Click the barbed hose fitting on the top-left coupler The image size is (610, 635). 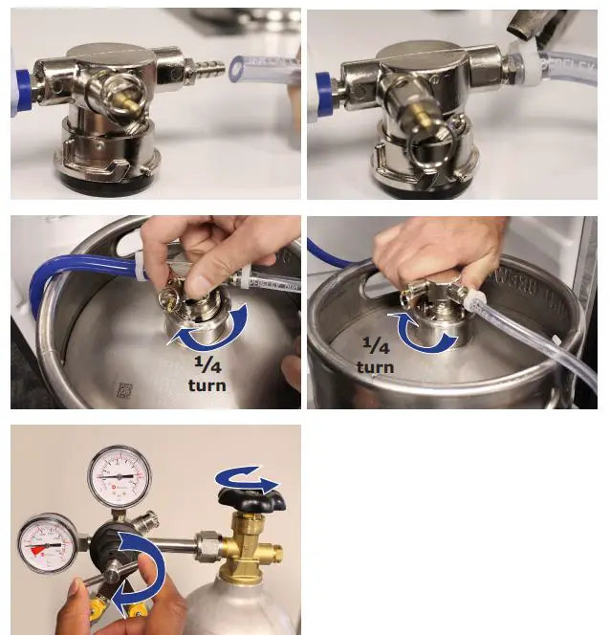(212, 69)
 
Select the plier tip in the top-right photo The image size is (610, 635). (522, 26)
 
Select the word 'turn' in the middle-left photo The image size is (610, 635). (207, 385)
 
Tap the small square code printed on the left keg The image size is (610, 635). (122, 389)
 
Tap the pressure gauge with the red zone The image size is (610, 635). (48, 543)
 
